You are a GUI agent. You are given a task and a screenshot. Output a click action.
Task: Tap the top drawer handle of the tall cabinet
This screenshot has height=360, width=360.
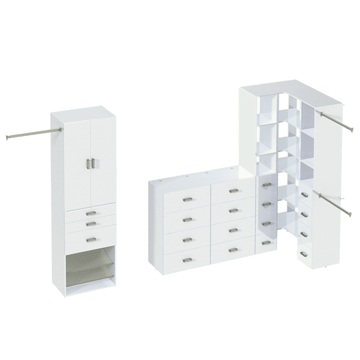coord(89,213)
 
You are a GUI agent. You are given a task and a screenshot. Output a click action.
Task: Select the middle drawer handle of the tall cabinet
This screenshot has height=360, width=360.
coord(90,223)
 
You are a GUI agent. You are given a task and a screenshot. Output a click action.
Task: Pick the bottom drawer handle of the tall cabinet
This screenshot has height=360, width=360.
coord(90,240)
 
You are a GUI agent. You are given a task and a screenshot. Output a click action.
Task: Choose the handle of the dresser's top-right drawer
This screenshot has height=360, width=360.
coord(234,191)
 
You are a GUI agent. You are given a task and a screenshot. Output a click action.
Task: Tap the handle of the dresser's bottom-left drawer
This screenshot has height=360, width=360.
coord(187,260)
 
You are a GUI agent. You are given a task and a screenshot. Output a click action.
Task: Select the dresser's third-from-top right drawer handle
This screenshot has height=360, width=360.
coord(233,230)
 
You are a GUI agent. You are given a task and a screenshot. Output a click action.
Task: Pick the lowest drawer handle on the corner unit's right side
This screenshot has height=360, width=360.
coord(304,254)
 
